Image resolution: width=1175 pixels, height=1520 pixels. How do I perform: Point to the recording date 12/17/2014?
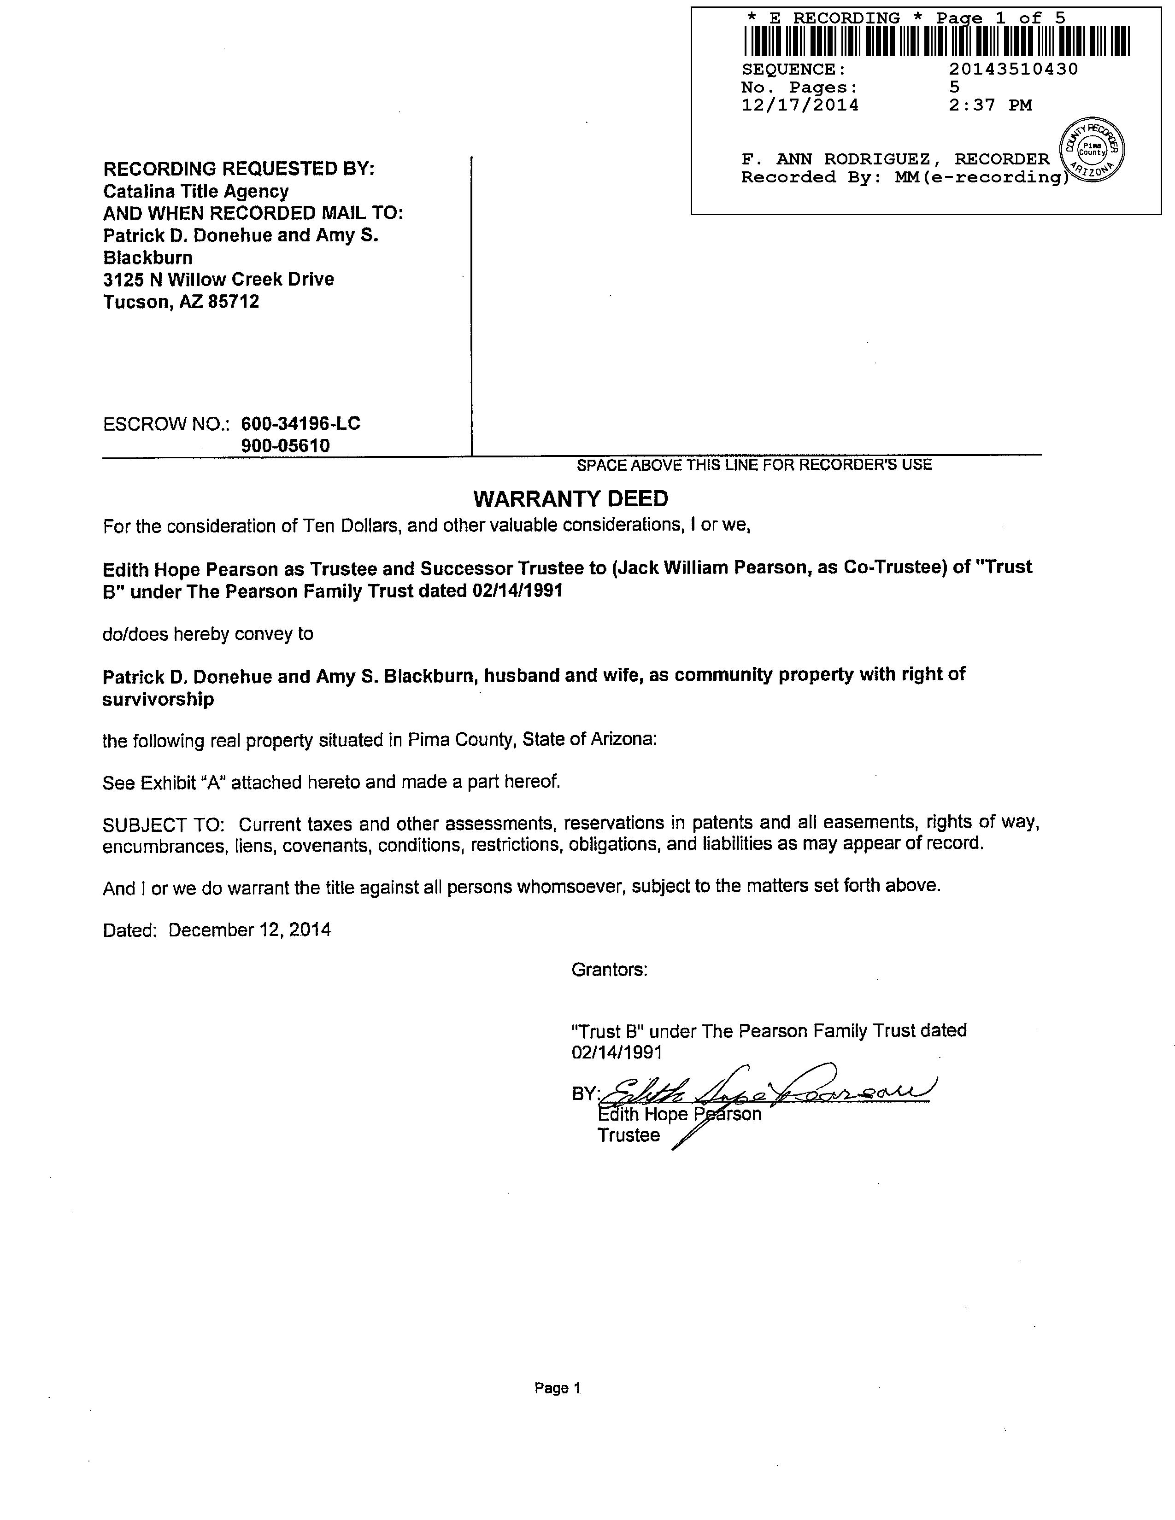pyautogui.click(x=800, y=105)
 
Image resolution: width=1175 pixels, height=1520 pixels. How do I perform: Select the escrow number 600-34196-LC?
pyautogui.click(x=301, y=423)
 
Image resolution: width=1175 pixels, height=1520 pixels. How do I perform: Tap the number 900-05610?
pyautogui.click(x=285, y=445)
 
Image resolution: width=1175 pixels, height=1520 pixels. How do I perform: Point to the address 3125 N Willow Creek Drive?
pyautogui.click(x=218, y=279)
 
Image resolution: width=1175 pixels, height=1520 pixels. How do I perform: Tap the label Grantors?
pyautogui.click(x=609, y=970)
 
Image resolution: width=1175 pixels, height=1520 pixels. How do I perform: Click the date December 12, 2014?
pyautogui.click(x=249, y=930)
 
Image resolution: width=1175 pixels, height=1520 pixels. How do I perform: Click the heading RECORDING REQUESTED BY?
pyautogui.click(x=239, y=169)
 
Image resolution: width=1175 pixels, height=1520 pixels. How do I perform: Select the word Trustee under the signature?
pyautogui.click(x=628, y=1135)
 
